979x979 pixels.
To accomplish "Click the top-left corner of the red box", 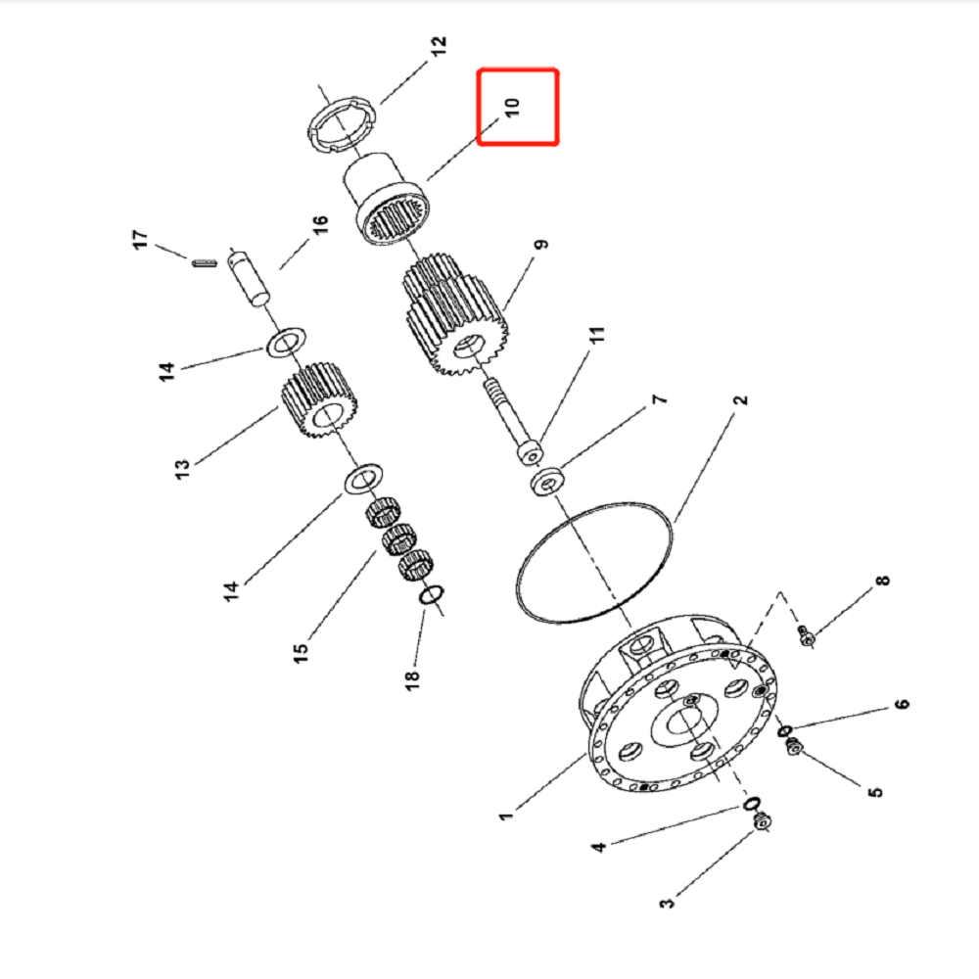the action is click(x=479, y=70).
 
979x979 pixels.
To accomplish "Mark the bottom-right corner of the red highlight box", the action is click(x=558, y=144).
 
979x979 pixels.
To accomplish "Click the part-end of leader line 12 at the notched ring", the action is click(x=380, y=104).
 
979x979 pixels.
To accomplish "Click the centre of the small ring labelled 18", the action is click(x=431, y=594).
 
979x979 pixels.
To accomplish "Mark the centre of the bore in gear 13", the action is click(x=328, y=413).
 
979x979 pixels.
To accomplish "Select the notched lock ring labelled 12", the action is click(x=342, y=125).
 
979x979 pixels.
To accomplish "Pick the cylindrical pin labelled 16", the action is click(x=249, y=278).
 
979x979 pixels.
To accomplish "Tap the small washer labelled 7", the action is click(x=547, y=482).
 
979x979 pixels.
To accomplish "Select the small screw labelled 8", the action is click(x=806, y=636).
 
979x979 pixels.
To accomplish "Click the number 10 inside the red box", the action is click(x=511, y=108).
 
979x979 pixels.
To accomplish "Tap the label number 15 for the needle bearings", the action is click(x=301, y=652).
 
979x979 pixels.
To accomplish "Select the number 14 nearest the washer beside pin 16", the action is click(x=166, y=371).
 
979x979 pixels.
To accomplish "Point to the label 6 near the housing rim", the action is click(x=902, y=704).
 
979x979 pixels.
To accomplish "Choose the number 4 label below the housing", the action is click(x=598, y=847).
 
